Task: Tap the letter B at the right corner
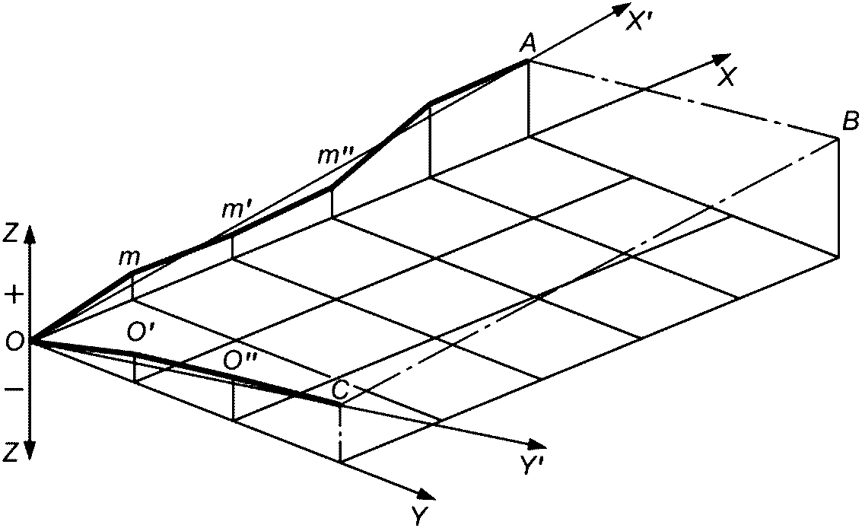(851, 120)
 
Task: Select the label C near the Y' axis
(341, 390)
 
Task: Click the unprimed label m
(129, 258)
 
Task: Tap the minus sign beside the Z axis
(12, 391)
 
